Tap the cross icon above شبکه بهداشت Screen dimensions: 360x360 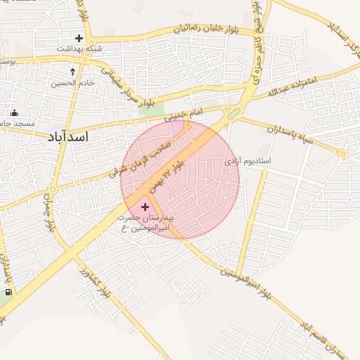[79, 38]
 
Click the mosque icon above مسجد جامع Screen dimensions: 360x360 [14, 113]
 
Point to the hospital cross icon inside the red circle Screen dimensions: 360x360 [146, 207]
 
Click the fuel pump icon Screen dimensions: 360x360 [8, 292]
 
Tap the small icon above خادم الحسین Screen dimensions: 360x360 [73, 71]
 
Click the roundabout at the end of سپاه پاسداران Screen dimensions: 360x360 [343, 154]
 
